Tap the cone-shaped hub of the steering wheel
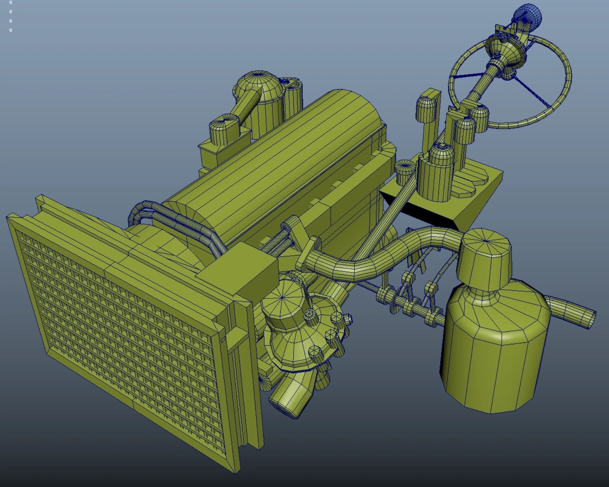click(x=503, y=49)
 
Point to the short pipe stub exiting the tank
click(x=572, y=311)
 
